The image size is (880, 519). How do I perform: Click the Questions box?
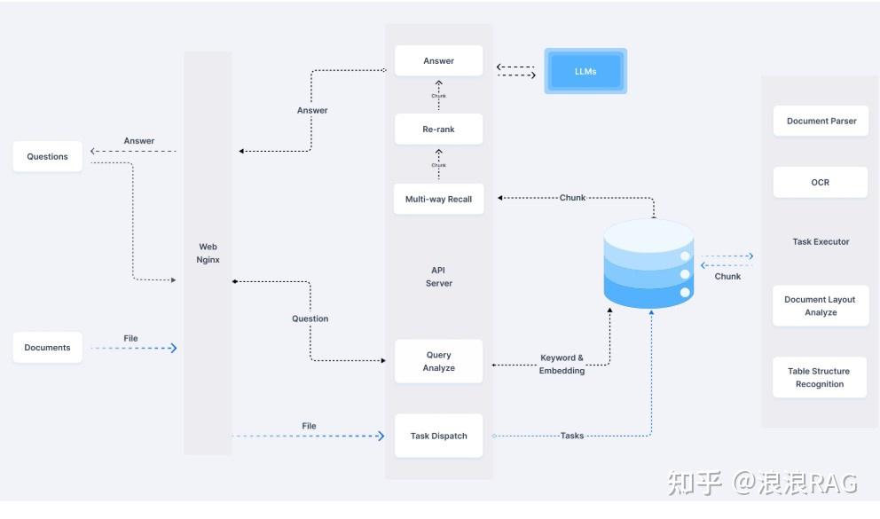click(x=47, y=156)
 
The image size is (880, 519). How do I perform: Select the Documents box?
click(x=47, y=347)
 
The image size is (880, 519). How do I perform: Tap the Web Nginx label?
click(x=208, y=253)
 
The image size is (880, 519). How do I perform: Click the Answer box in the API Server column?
click(x=438, y=61)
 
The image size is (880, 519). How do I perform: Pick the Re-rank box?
click(x=438, y=130)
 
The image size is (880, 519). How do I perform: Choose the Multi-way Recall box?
click(x=438, y=199)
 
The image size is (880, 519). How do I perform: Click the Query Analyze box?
click(x=438, y=361)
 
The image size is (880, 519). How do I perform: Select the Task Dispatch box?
click(x=438, y=436)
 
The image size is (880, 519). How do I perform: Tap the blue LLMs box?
click(x=585, y=71)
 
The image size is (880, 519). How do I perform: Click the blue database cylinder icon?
click(x=648, y=263)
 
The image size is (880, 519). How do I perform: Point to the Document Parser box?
click(x=821, y=121)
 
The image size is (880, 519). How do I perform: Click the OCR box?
click(x=820, y=182)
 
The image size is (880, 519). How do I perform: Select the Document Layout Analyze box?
click(x=820, y=305)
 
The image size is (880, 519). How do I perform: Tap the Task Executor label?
click(x=821, y=241)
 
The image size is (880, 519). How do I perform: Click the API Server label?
click(x=438, y=277)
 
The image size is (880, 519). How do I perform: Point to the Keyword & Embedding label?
click(x=562, y=364)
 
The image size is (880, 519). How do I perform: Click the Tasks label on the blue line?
click(x=572, y=436)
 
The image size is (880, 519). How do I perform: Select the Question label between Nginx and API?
click(x=310, y=318)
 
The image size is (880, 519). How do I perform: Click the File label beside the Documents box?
click(x=130, y=338)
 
